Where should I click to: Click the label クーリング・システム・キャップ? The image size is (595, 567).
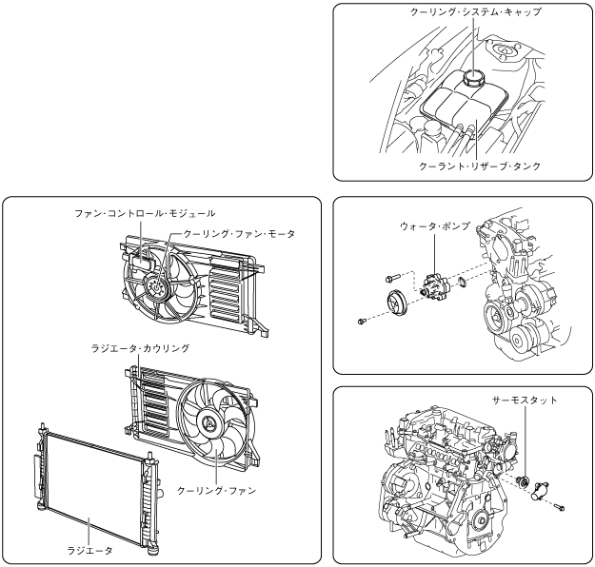pyautogui.click(x=461, y=12)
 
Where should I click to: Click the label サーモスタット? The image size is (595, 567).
pyautogui.click(x=516, y=401)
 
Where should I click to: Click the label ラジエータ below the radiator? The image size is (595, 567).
pyautogui.click(x=89, y=550)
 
